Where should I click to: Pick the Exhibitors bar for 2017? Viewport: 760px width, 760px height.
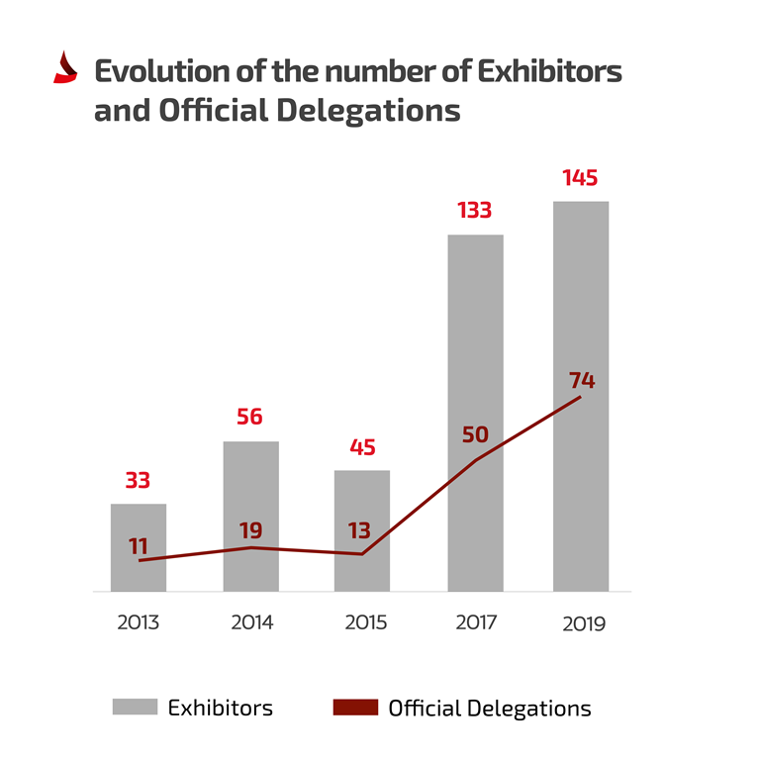[x=475, y=412]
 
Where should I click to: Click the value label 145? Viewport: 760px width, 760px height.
[x=580, y=179]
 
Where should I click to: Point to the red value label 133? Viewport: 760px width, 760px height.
[x=475, y=211]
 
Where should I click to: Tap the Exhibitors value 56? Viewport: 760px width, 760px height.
[x=249, y=417]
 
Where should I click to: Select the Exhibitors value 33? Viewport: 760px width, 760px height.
[x=138, y=481]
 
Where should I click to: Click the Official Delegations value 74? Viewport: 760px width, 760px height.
[x=582, y=381]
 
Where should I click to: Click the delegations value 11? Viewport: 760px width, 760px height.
[x=138, y=545]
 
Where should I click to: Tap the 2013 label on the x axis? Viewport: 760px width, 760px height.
[x=138, y=622]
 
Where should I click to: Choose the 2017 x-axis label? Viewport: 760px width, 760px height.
[x=476, y=622]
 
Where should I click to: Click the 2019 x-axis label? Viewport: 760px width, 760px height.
[x=582, y=623]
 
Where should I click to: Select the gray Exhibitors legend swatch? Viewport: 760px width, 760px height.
[x=135, y=708]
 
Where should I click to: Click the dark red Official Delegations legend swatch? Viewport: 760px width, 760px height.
[x=353, y=708]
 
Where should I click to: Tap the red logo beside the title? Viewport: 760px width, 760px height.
[x=65, y=67]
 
